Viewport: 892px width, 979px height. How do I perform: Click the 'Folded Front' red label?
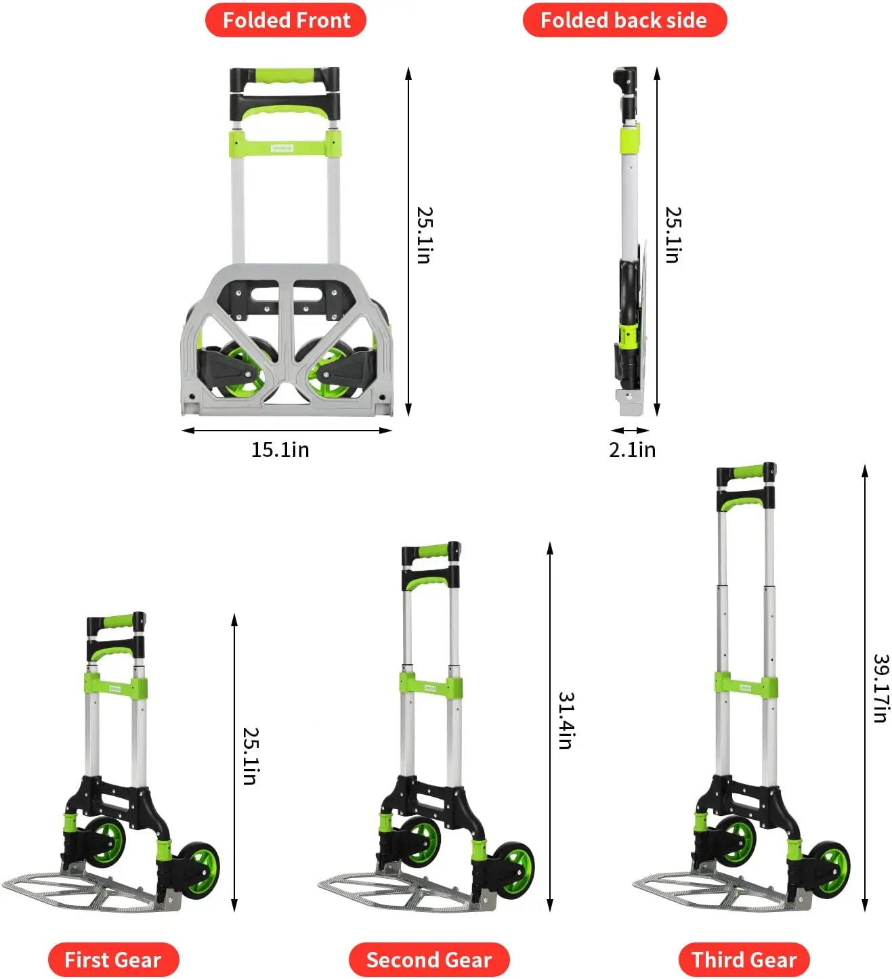click(286, 20)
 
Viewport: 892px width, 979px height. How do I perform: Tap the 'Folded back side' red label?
click(624, 20)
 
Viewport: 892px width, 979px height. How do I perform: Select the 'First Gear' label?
click(113, 959)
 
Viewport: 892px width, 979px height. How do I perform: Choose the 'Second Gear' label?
click(429, 959)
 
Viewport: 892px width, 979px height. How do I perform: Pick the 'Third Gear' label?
click(744, 959)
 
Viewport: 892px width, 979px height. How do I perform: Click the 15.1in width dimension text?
click(280, 450)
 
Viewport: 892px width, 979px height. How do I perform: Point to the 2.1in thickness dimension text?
click(632, 450)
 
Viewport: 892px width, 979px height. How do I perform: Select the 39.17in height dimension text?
click(880, 688)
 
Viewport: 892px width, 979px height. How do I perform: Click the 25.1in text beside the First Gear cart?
click(251, 756)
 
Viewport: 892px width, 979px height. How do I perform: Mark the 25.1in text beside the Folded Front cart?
click(425, 235)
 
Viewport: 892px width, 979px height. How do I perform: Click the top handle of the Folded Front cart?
click(284, 76)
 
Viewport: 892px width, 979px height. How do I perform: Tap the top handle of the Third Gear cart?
click(746, 473)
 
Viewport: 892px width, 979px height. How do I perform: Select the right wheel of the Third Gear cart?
click(831, 869)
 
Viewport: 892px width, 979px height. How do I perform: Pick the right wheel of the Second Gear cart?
click(515, 870)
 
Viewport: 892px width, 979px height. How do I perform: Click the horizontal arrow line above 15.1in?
click(287, 431)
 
